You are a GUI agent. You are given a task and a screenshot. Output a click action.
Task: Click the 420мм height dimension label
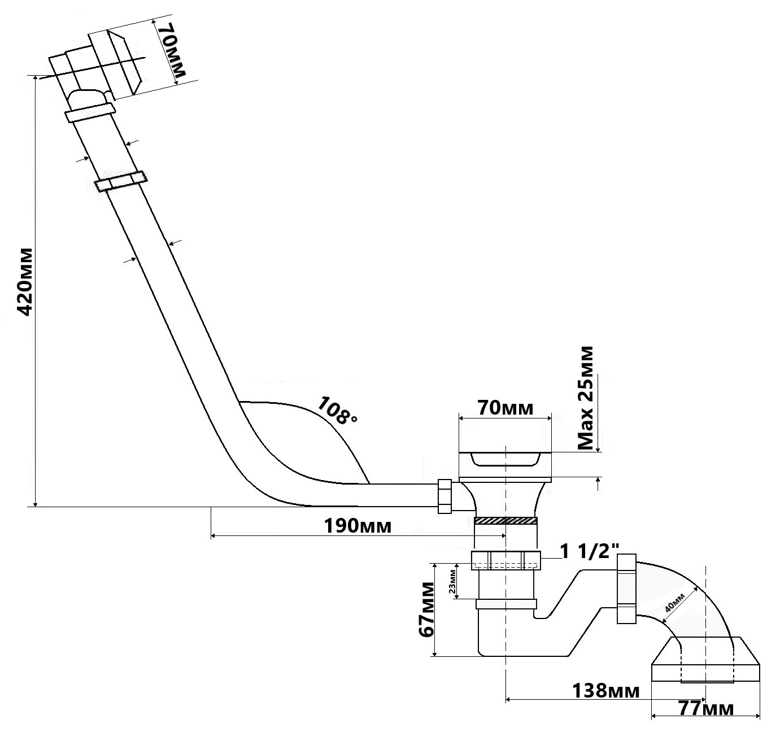25,282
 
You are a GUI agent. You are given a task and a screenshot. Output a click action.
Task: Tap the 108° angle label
337,411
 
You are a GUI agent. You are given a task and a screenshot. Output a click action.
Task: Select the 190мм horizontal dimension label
358,526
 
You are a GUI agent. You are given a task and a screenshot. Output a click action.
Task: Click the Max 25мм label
587,399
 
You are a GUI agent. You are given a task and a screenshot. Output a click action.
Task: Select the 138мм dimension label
606,690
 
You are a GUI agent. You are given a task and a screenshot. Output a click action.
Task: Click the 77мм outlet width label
705,708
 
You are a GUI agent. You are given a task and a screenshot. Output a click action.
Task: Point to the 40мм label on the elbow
675,604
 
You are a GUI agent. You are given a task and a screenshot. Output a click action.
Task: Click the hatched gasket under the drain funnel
505,520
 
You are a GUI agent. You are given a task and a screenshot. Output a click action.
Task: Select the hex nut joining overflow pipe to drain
444,496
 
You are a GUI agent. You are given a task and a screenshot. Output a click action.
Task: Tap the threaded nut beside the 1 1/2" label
505,560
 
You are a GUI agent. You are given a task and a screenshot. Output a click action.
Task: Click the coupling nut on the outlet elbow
626,589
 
